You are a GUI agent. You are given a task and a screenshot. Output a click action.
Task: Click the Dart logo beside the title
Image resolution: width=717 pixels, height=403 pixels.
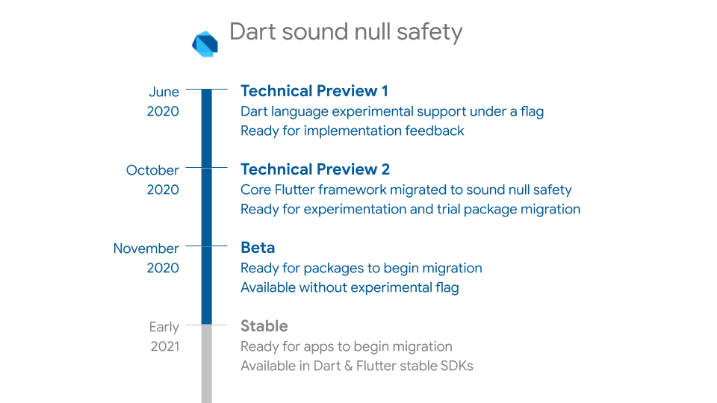205,44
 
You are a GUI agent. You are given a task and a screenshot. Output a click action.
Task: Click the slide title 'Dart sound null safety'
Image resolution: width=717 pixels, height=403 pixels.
346,32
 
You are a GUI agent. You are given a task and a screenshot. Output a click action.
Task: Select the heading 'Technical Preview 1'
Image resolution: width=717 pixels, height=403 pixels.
314,91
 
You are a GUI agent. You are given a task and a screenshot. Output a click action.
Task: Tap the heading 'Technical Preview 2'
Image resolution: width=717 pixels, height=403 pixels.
315,169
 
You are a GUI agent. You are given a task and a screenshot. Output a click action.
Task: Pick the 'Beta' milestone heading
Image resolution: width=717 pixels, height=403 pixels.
258,248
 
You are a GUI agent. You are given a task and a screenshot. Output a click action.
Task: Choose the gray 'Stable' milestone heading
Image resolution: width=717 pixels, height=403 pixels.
264,326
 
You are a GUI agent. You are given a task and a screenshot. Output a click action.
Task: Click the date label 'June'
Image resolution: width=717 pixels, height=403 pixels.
164,92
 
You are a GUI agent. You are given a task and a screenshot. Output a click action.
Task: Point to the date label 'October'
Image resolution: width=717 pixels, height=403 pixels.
152,170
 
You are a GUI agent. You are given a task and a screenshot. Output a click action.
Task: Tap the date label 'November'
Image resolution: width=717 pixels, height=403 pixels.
146,249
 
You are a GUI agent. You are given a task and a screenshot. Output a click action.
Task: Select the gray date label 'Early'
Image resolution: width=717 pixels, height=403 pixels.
164,327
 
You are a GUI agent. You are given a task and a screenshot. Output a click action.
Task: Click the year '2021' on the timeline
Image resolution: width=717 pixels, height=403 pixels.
164,346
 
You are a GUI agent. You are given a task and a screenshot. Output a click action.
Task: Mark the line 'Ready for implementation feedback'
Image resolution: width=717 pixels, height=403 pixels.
352,131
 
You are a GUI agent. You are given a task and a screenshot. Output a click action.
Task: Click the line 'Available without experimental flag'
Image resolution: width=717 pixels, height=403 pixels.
349,287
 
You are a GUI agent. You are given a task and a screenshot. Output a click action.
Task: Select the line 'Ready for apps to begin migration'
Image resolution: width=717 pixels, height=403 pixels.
346,346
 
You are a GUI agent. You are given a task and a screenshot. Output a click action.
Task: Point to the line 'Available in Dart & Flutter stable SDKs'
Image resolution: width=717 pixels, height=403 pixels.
356,366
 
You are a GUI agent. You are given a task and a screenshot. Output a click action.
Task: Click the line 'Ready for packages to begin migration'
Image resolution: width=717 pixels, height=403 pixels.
361,268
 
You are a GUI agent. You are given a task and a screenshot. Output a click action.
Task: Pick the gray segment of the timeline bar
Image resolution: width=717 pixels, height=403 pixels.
207,366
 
